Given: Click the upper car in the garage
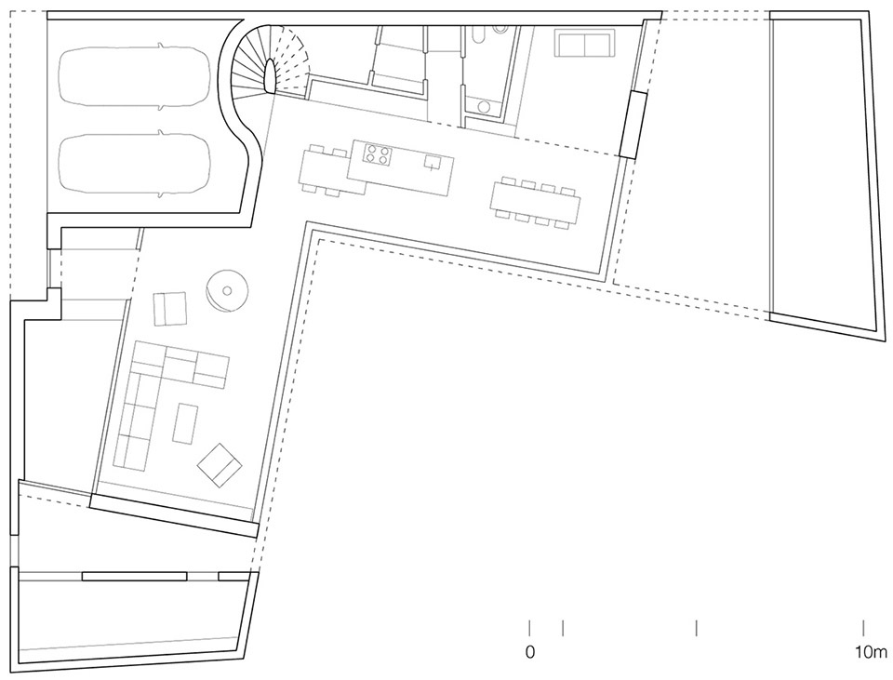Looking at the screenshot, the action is (x=134, y=78).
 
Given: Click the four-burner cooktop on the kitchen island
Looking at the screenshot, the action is (x=377, y=154).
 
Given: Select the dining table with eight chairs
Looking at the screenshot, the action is (x=535, y=202).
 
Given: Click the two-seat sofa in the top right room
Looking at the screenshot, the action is (x=583, y=43).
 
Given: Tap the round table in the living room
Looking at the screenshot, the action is (x=226, y=290).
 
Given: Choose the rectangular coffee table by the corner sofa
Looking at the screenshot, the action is (x=186, y=422).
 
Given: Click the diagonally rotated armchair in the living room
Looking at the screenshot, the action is (x=220, y=465).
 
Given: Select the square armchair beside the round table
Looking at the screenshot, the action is (x=170, y=308).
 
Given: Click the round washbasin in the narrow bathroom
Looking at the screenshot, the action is (x=484, y=106).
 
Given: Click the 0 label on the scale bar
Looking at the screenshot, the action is (x=530, y=653).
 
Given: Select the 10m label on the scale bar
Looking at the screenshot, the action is (x=872, y=653).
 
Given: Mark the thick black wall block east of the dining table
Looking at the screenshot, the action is (x=633, y=124).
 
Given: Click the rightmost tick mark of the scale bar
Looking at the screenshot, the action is (x=864, y=628).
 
